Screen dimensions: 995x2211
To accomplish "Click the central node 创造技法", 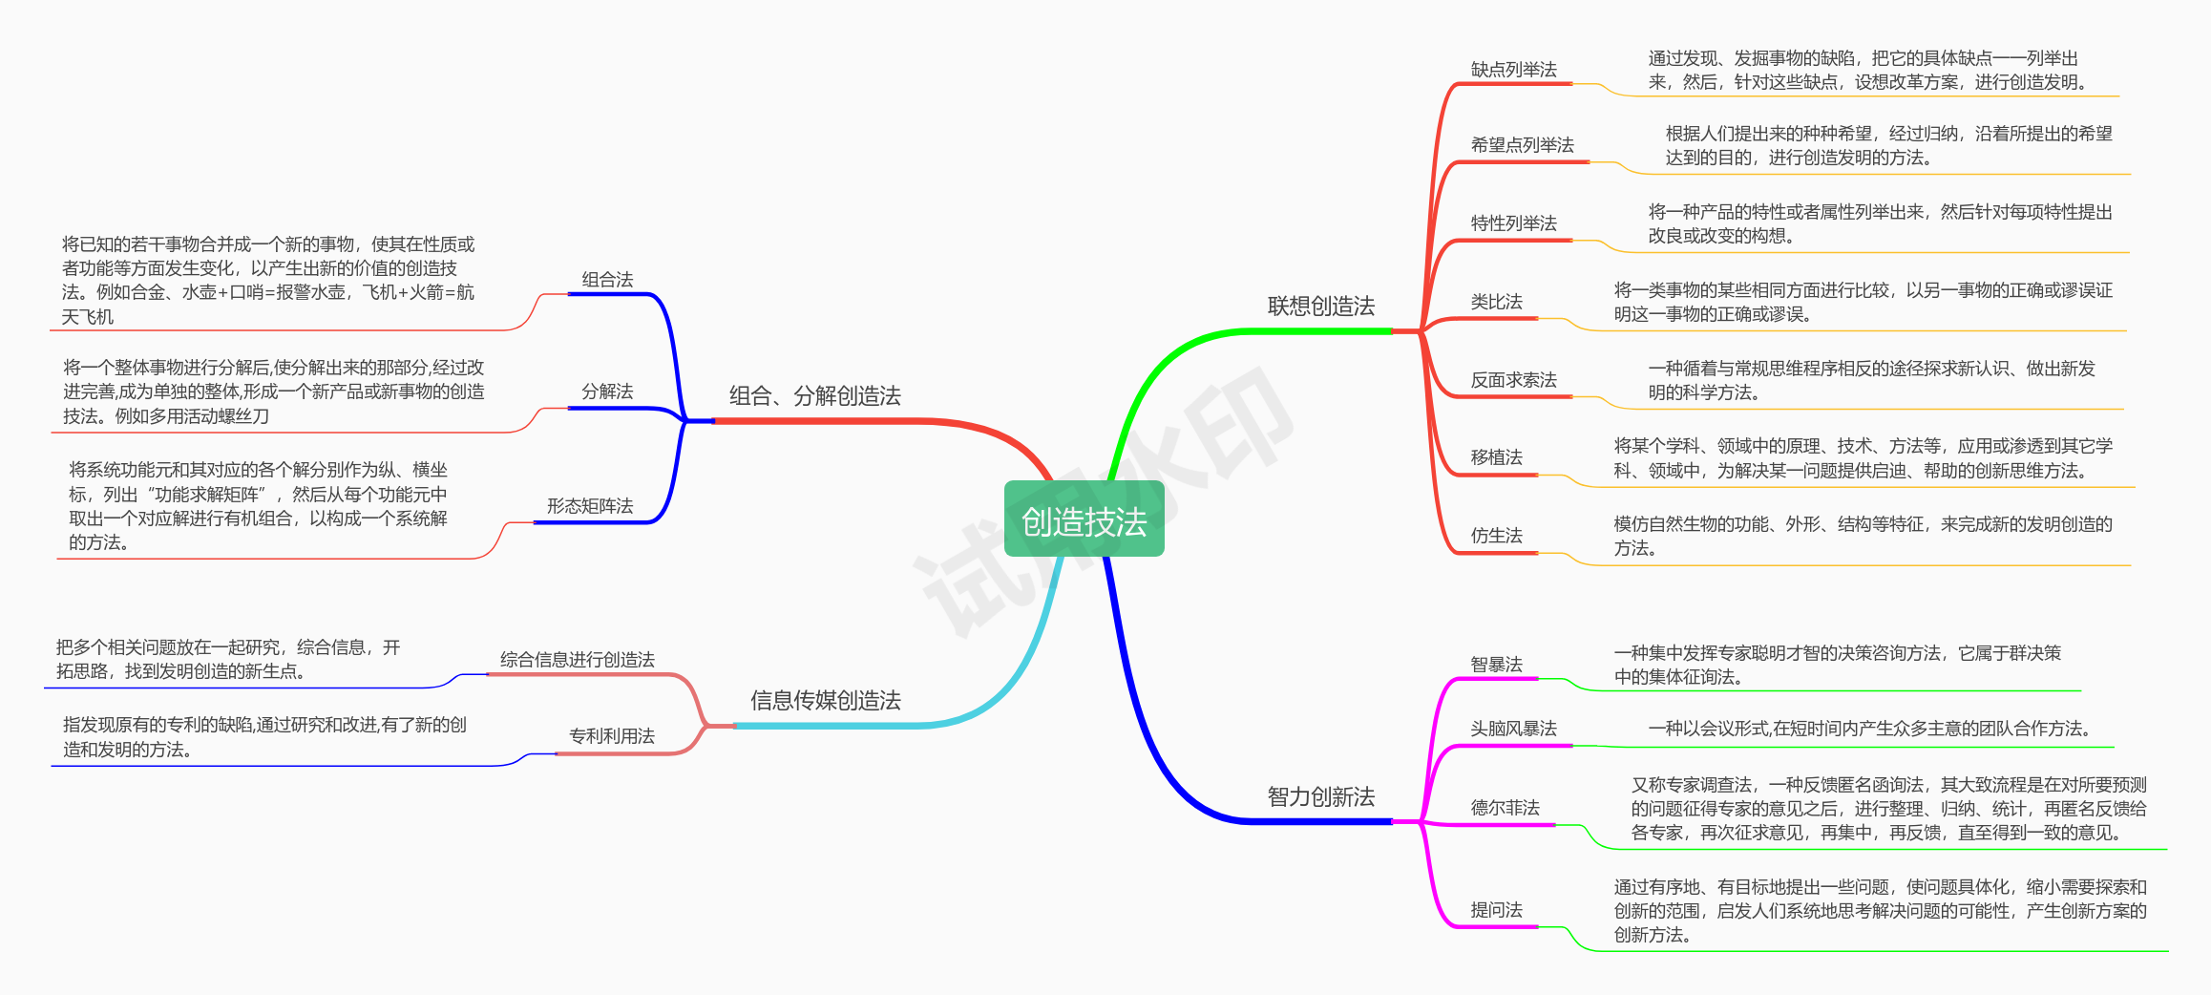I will [x=1084, y=520].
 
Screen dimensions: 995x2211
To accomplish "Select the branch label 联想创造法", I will [x=1320, y=307].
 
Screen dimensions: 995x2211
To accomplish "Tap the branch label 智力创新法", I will [x=1320, y=796].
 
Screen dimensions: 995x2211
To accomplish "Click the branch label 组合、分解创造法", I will [x=814, y=396].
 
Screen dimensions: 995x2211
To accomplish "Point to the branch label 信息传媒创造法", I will [x=825, y=701].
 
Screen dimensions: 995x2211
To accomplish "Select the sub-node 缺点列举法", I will [x=1513, y=70].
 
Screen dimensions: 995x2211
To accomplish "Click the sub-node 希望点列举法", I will [x=1522, y=145].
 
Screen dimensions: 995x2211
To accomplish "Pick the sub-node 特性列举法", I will [x=1513, y=223].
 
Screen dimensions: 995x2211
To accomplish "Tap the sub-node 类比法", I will [x=1496, y=302].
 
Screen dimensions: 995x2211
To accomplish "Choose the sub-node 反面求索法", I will [x=1513, y=380].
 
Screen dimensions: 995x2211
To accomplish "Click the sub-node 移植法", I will [x=1496, y=457].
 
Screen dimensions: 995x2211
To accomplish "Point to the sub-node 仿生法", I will [x=1496, y=536].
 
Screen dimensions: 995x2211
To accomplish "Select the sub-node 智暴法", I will [x=1496, y=665].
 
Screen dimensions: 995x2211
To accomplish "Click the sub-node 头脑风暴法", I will [x=1513, y=729].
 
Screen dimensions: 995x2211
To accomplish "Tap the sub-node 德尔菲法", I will [x=1505, y=808].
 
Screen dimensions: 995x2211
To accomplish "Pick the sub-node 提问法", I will [x=1496, y=910].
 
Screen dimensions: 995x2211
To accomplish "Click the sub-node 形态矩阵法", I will [x=589, y=506].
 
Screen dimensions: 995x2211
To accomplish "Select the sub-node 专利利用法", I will [x=611, y=736].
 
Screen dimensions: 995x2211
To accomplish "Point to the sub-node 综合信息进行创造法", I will [x=577, y=660].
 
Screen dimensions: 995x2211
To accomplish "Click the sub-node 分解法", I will [x=607, y=392].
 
